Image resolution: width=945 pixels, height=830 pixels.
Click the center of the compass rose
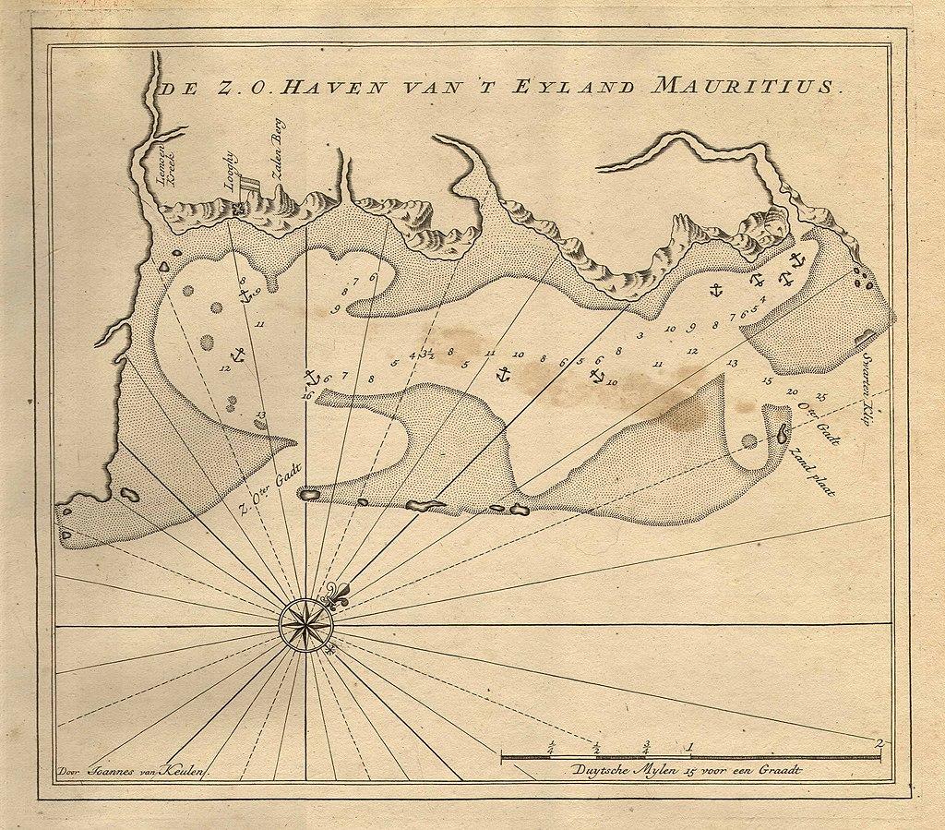306,625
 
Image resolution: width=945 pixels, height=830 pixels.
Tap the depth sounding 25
821,398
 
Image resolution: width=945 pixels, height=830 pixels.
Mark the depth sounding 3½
427,352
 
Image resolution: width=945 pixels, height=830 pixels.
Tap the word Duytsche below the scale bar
601,770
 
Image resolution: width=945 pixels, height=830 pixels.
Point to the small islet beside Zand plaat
784,432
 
